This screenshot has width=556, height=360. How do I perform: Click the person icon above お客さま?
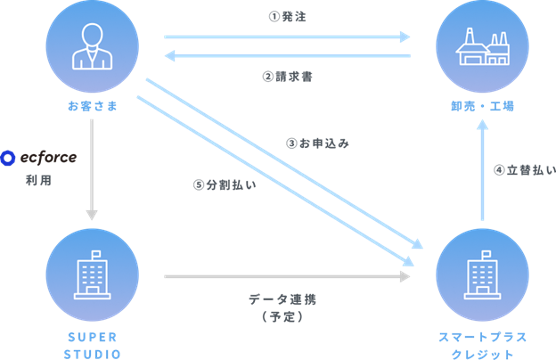92,46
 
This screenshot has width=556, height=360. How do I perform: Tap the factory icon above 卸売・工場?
482,46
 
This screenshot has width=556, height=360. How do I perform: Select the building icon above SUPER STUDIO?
92,275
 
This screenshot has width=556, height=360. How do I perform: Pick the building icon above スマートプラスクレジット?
482,275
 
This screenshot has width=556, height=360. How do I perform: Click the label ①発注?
287,17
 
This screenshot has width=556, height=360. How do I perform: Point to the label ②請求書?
287,77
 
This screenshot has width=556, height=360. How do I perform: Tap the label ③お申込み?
318,143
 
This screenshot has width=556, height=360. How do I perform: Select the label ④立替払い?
525,170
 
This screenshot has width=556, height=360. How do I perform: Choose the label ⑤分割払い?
225,185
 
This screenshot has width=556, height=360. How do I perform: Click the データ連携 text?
282,300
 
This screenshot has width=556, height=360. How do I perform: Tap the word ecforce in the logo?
49,158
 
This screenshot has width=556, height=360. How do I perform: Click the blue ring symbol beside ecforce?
7,158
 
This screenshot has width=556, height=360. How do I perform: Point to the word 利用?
39,180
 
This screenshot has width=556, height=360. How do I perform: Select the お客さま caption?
92,106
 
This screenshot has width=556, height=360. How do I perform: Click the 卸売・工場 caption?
482,106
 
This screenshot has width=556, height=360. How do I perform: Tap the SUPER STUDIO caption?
92,345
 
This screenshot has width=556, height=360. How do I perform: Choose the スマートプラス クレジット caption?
482,345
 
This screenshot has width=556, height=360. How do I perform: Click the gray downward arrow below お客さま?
92,170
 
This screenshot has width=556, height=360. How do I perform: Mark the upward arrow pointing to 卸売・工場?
482,170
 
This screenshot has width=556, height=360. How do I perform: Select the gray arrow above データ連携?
287,276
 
